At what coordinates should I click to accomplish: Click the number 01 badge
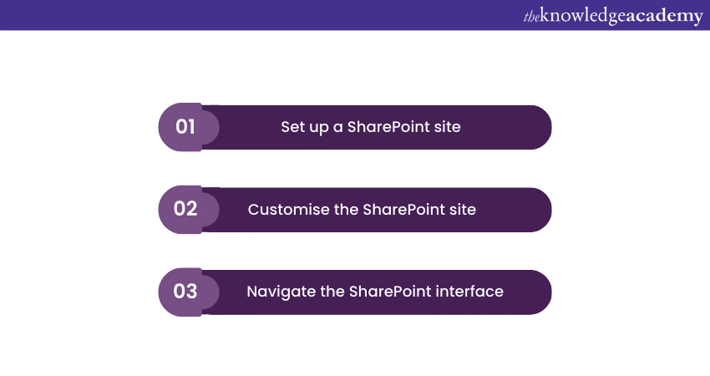[185, 127]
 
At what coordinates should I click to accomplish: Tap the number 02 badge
[185, 209]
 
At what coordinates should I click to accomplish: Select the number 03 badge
[185, 292]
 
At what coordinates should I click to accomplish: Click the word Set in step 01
[292, 127]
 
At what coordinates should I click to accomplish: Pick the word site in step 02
[463, 209]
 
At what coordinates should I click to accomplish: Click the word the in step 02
[346, 209]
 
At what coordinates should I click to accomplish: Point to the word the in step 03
[333, 292]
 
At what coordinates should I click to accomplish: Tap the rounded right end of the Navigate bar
[539, 292]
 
